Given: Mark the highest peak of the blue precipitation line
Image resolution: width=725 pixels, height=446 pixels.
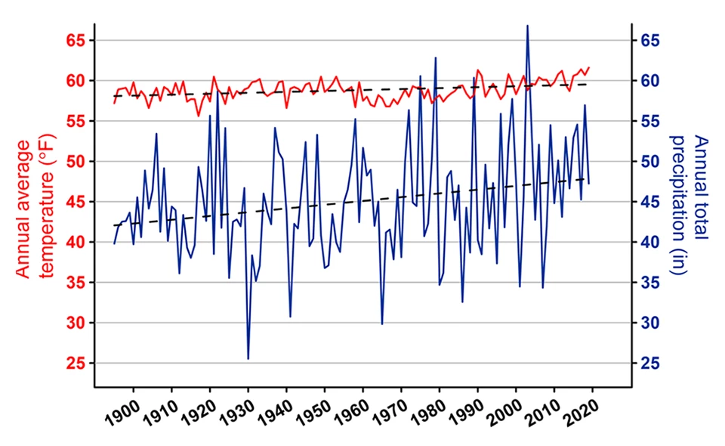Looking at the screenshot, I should [x=527, y=26].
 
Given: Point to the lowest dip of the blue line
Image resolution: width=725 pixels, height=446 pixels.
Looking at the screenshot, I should [x=248, y=359].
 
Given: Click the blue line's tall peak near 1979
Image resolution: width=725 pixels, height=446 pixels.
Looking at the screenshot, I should [x=436, y=57].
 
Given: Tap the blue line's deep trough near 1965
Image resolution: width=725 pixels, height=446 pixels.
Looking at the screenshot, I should [x=382, y=324].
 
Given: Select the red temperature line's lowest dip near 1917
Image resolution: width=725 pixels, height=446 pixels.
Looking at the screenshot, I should [x=199, y=116].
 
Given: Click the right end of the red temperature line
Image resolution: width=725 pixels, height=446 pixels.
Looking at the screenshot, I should [x=589, y=67].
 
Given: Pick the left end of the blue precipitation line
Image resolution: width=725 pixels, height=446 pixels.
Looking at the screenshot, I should [x=114, y=243].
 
